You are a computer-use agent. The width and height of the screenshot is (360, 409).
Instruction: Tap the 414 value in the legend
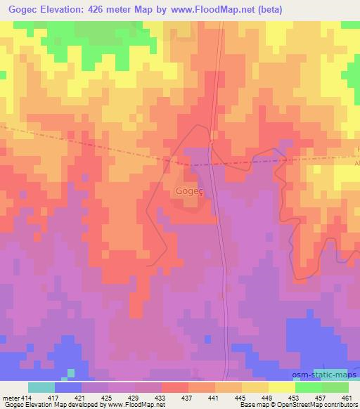tap(25, 397)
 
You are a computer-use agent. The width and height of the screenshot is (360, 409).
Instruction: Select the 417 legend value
tap(54, 397)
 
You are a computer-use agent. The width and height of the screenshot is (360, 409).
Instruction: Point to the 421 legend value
tap(81, 397)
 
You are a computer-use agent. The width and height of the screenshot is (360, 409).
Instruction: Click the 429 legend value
tap(134, 397)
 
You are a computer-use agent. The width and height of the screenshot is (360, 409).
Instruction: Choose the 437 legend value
tap(188, 397)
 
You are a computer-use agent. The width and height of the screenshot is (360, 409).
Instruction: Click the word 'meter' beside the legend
tap(9, 397)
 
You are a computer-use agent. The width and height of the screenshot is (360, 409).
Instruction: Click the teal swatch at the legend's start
tap(41, 387)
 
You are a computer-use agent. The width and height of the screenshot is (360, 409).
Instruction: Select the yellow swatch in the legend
tap(281, 387)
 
